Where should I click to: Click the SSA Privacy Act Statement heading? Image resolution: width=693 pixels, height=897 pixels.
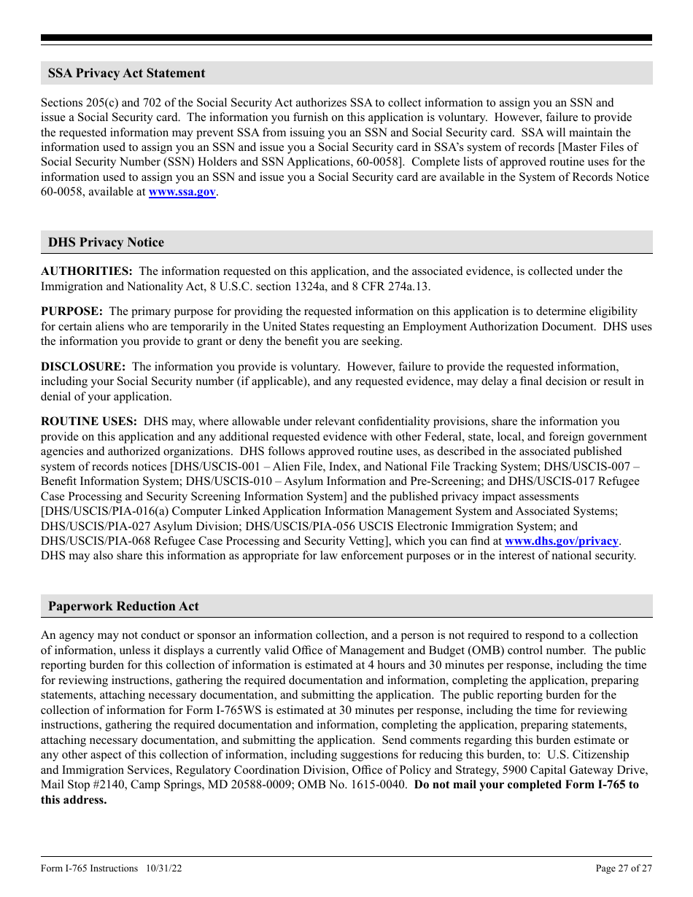[126, 73]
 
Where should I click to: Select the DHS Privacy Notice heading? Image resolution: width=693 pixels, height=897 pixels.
[106, 242]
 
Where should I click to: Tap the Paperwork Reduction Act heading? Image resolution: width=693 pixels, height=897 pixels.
[123, 606]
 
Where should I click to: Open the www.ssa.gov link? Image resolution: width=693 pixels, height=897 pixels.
[182, 192]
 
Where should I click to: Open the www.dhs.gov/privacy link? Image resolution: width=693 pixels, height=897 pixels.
[561, 541]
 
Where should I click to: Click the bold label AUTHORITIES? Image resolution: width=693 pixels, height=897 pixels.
[86, 271]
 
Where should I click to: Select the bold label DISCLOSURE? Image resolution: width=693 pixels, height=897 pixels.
[83, 367]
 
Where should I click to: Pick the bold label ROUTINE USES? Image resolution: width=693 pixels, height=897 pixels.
[89, 422]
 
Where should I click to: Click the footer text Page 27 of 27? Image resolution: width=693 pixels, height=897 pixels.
[624, 869]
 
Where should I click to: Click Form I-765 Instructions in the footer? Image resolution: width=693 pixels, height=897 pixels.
[89, 869]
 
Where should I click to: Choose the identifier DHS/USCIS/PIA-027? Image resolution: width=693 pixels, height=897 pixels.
[88, 526]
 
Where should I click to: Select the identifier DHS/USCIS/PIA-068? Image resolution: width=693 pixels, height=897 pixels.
[88, 541]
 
